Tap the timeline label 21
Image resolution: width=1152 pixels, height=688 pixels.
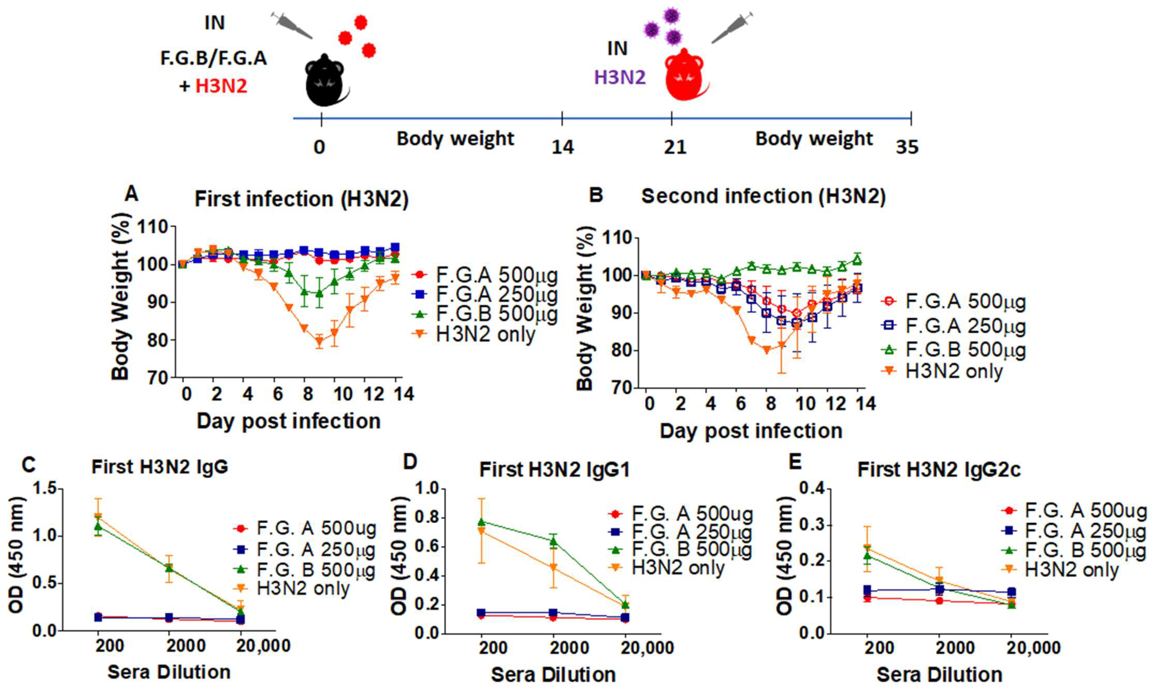tap(675, 147)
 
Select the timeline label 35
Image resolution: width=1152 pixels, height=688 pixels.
tap(907, 147)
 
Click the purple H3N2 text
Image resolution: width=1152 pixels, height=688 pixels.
tap(620, 77)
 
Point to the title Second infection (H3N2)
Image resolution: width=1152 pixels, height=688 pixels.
tap(763, 196)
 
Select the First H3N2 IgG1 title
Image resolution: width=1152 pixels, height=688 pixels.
tap(555, 470)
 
